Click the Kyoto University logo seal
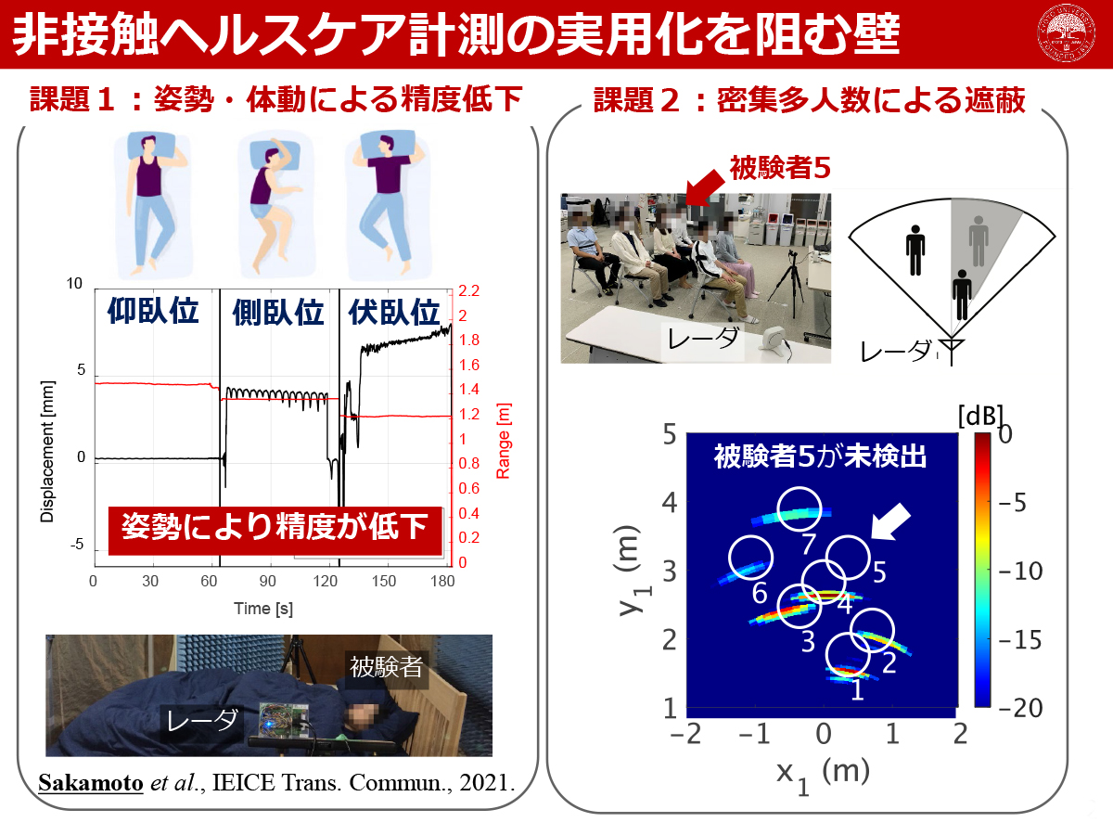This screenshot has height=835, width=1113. pyautogui.click(x=1066, y=33)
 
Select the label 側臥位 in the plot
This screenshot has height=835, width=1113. pyautogui.click(x=278, y=313)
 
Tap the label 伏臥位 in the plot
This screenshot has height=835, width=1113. pyautogui.click(x=394, y=313)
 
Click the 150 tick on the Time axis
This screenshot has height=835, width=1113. pyautogui.click(x=384, y=581)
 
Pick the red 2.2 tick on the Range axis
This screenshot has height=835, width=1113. pyautogui.click(x=468, y=291)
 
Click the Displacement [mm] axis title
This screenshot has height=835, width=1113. pyautogui.click(x=47, y=451)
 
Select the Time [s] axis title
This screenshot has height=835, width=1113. pyautogui.click(x=263, y=609)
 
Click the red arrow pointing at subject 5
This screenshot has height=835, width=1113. pyautogui.click(x=705, y=188)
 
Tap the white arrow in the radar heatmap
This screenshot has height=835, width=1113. pyautogui.click(x=889, y=521)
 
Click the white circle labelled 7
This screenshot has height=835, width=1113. pyautogui.click(x=799, y=509)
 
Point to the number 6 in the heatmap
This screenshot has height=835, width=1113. pyautogui.click(x=759, y=593)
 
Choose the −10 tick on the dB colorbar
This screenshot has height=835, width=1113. pyautogui.click(x=1020, y=571)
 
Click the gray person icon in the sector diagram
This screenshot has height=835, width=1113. pyautogui.click(x=979, y=241)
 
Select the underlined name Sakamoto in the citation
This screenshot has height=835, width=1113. pyautogui.click(x=91, y=783)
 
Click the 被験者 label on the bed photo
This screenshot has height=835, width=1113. pyautogui.click(x=387, y=667)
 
